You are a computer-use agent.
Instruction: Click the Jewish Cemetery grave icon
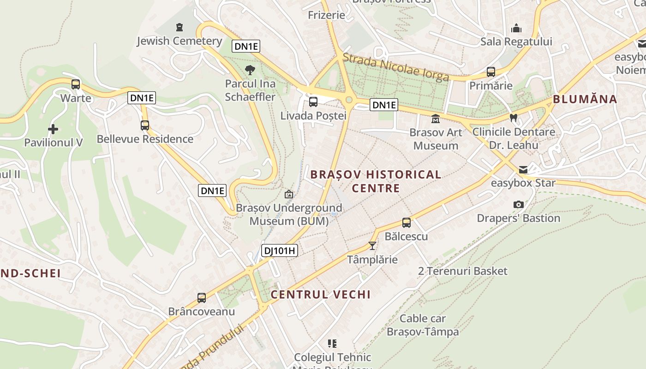click(179, 27)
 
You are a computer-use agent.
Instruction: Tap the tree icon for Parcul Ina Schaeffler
click(250, 70)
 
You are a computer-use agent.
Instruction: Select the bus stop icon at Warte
click(76, 84)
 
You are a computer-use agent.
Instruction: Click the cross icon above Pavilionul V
click(53, 129)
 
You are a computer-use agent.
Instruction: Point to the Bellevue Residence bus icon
click(145, 125)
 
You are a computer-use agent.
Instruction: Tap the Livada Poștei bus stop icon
click(313, 102)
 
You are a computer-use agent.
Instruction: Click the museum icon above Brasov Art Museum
click(435, 119)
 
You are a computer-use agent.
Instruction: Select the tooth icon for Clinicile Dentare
click(513, 118)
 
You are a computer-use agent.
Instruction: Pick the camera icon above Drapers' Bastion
click(519, 204)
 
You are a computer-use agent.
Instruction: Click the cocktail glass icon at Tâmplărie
click(372, 246)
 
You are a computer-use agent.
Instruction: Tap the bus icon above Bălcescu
click(406, 223)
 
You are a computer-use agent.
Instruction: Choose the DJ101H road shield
click(280, 251)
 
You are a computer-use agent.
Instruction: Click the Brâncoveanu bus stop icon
click(202, 298)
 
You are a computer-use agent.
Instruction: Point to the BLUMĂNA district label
click(585, 99)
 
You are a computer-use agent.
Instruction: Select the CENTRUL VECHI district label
click(321, 295)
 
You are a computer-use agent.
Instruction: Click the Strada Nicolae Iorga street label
click(395, 67)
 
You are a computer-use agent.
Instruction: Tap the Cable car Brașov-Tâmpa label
click(423, 325)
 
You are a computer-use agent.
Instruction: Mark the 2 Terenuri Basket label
click(462, 271)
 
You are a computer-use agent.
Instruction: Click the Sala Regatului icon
click(516, 28)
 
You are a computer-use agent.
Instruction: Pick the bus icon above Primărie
click(491, 72)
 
